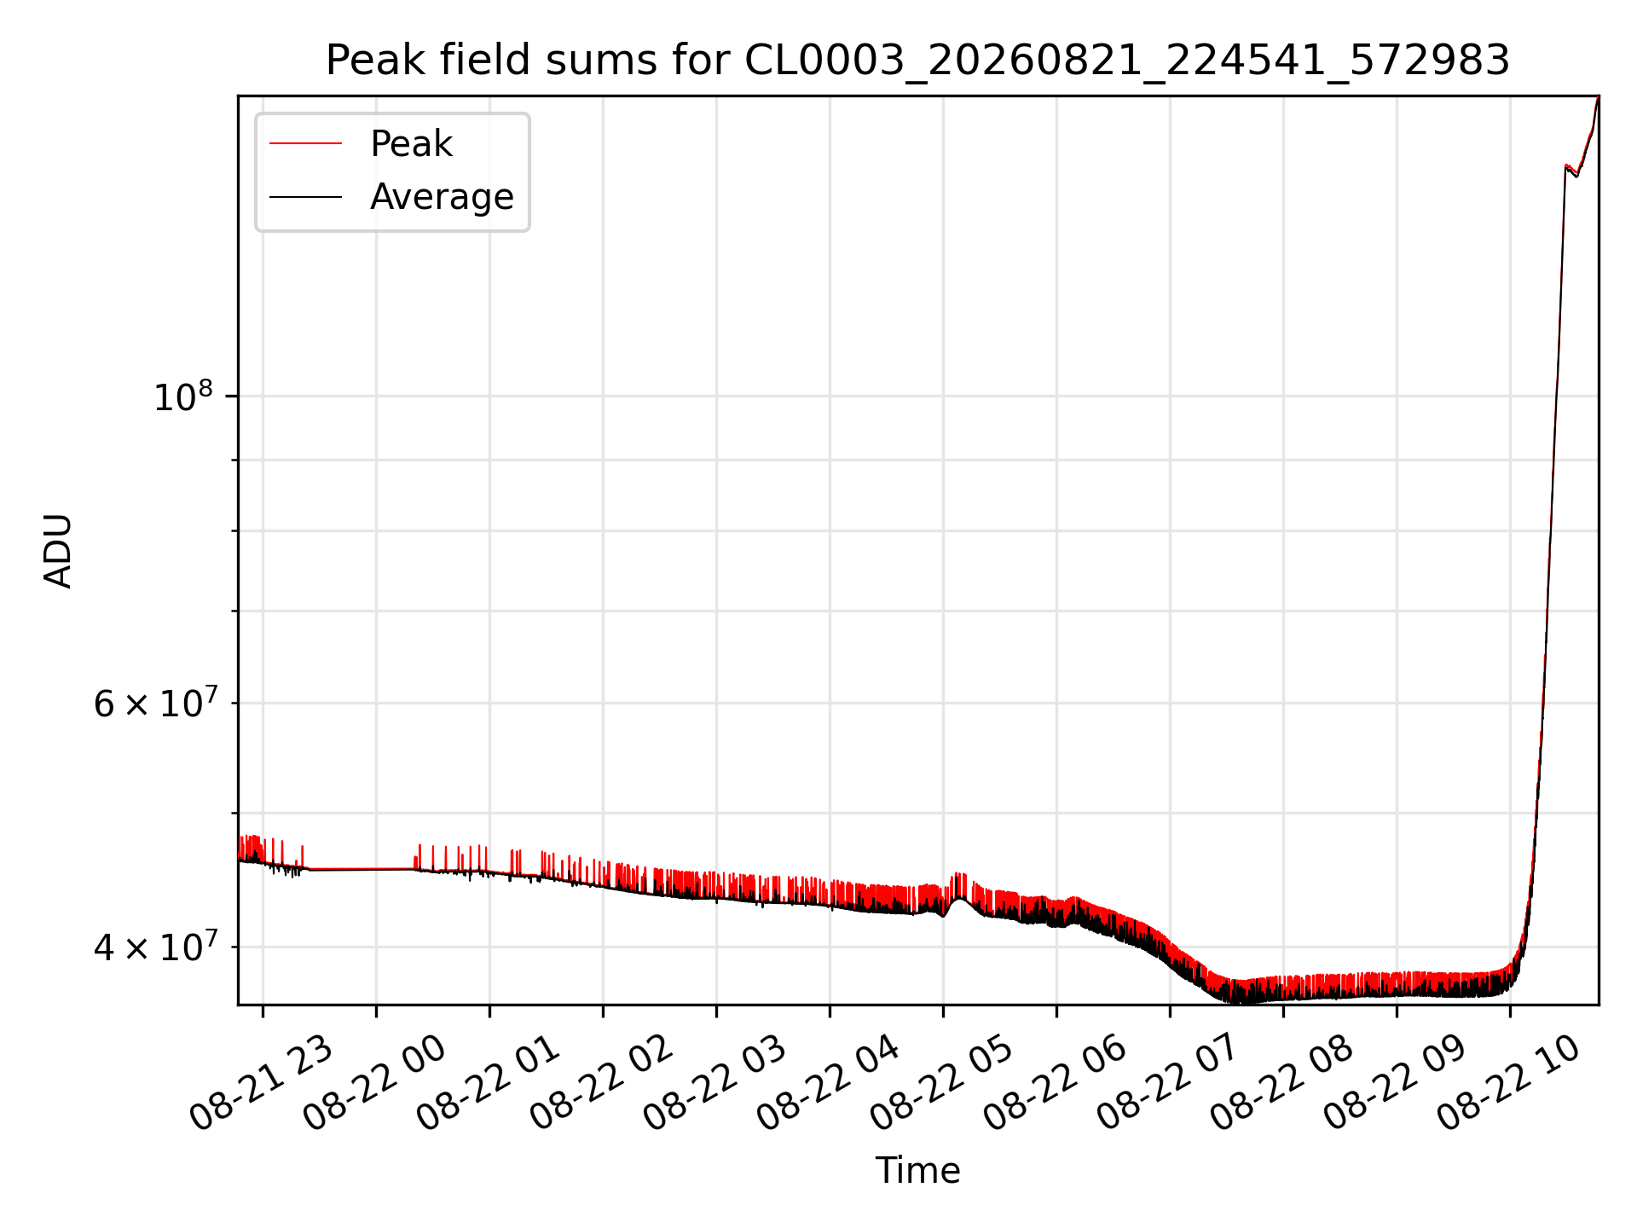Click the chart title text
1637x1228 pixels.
point(917,61)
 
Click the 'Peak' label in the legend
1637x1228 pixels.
point(411,144)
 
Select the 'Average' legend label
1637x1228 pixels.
point(442,197)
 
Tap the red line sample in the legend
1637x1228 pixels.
point(306,144)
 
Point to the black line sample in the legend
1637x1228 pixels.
point(306,197)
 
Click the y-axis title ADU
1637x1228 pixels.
point(58,551)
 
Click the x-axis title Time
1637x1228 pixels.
point(917,1171)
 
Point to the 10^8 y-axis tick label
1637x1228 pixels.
point(182,397)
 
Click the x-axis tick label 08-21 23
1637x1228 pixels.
point(261,1083)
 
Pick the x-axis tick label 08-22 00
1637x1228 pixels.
point(374,1083)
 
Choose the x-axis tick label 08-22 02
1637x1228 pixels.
point(601,1083)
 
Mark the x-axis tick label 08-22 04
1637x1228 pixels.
point(828,1083)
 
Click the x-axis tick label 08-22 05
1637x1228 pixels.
point(941,1083)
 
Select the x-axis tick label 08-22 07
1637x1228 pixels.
point(1168,1083)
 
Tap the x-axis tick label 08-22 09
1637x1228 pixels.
point(1395,1083)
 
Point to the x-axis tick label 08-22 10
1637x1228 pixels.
point(1508,1083)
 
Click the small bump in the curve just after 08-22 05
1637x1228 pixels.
point(960,897)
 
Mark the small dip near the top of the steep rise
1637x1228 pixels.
point(1576,175)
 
